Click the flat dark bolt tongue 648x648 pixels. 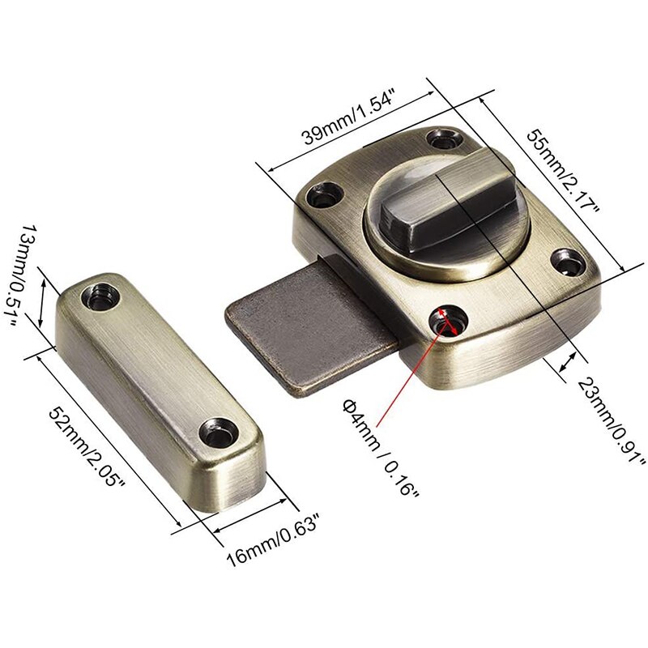coord(300,332)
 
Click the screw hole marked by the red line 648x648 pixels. coord(444,318)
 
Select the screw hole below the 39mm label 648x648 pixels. coord(445,135)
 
